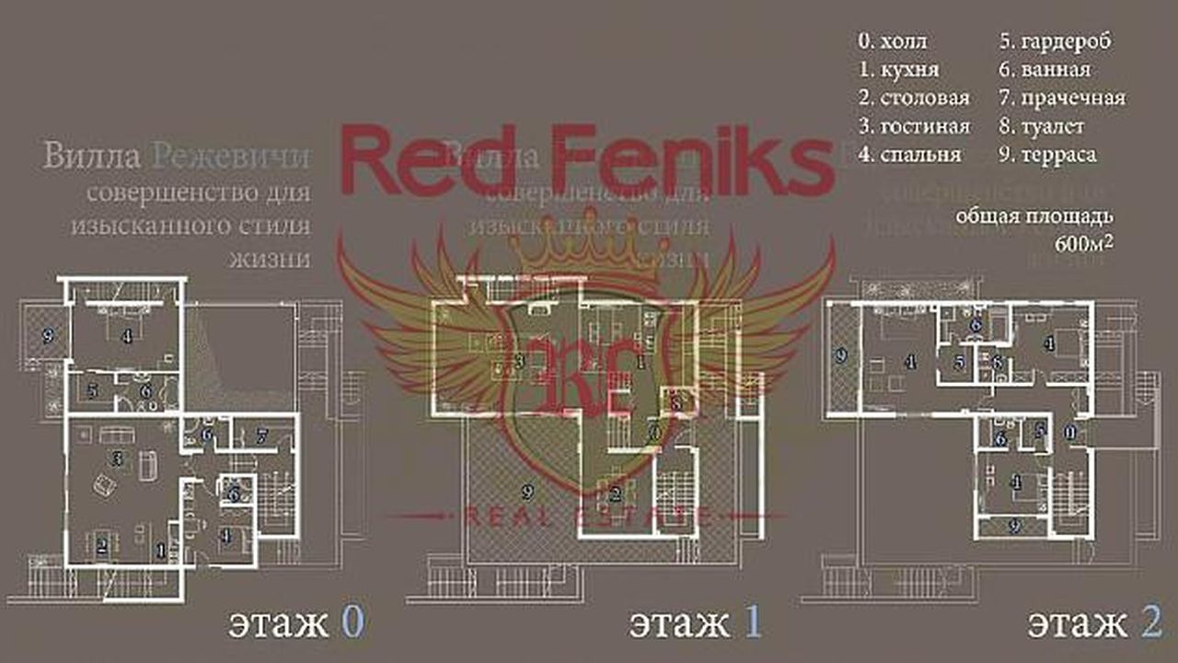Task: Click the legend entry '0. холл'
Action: pyautogui.click(x=892, y=41)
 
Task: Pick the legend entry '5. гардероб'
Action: pyautogui.click(x=1055, y=41)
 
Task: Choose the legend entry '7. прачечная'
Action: pyautogui.click(x=1062, y=98)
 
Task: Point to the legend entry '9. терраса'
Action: pyautogui.click(x=1048, y=155)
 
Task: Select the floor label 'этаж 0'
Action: pyautogui.click(x=295, y=623)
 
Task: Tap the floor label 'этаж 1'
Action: pyautogui.click(x=696, y=623)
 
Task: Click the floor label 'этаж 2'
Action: pyautogui.click(x=1094, y=623)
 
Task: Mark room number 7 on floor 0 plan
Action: pyautogui.click(x=261, y=434)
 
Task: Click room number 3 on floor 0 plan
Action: pyautogui.click(x=118, y=458)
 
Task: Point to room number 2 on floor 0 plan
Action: pyautogui.click(x=102, y=545)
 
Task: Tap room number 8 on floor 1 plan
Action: pyautogui.click(x=676, y=402)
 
